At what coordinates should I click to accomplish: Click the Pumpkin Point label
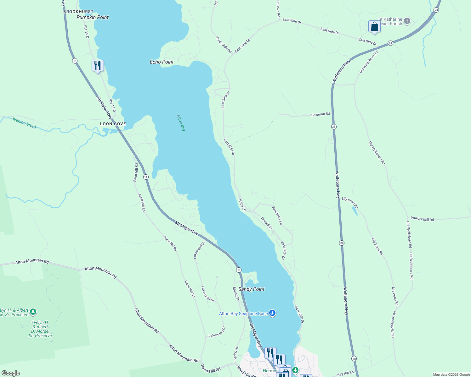pyautogui.click(x=93, y=17)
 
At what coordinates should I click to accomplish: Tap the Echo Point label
pyautogui.click(x=162, y=62)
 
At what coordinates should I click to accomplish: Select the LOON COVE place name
pyautogui.click(x=113, y=124)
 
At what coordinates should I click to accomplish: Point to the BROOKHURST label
pyautogui.click(x=78, y=12)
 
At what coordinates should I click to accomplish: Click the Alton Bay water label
pyautogui.click(x=181, y=123)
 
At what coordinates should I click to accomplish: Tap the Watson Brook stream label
pyautogui.click(x=25, y=123)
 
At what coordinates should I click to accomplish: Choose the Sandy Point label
pyautogui.click(x=251, y=289)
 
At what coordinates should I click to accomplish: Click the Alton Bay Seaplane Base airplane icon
pyautogui.click(x=272, y=313)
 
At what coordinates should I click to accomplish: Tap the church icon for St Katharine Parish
pyautogui.click(x=407, y=21)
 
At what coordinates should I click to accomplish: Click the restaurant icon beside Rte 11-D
pyautogui.click(x=98, y=65)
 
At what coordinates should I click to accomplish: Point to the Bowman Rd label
pyautogui.click(x=321, y=114)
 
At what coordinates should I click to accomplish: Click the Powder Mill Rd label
pyautogui.click(x=422, y=219)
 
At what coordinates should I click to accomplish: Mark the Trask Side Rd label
pyautogui.click(x=224, y=45)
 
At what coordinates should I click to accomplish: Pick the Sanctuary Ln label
pyautogui.click(x=277, y=215)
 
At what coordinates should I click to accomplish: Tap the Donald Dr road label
pyautogui.click(x=267, y=223)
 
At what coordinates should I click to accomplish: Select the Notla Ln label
pyautogui.click(x=242, y=205)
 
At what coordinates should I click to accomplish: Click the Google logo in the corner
pyautogui.click(x=11, y=373)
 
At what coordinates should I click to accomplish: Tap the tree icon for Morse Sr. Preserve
pyautogui.click(x=33, y=312)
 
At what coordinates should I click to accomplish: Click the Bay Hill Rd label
pyautogui.click(x=345, y=374)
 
